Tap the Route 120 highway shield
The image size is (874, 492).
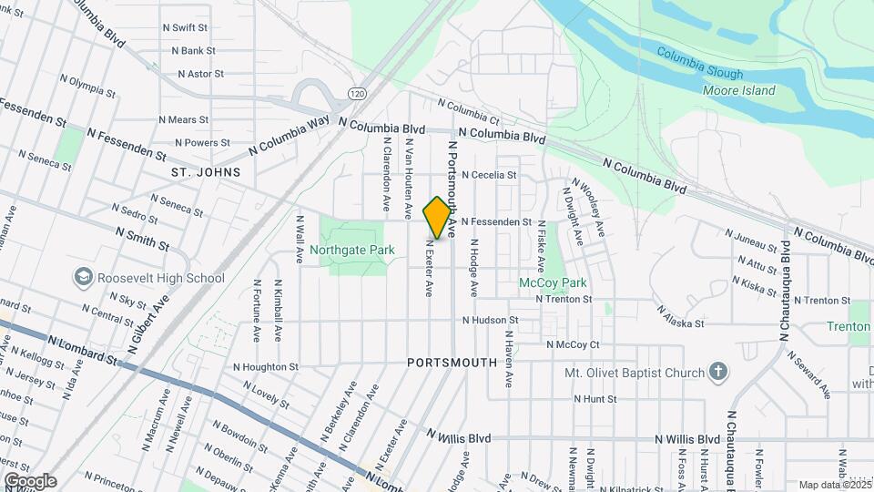click(x=356, y=94)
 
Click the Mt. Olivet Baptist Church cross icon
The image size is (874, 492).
click(x=718, y=372)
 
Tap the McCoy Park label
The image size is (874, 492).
click(x=553, y=283)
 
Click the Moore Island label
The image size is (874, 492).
click(x=738, y=90)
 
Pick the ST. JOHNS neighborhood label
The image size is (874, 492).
click(x=206, y=171)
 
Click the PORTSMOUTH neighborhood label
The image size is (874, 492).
click(x=452, y=362)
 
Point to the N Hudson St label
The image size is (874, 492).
click(x=490, y=321)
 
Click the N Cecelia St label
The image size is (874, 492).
click(x=489, y=175)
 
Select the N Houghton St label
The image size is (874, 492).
click(x=266, y=367)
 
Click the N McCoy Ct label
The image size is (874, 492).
click(x=573, y=344)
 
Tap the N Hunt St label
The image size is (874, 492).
click(x=595, y=399)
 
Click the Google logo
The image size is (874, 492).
click(x=30, y=481)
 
